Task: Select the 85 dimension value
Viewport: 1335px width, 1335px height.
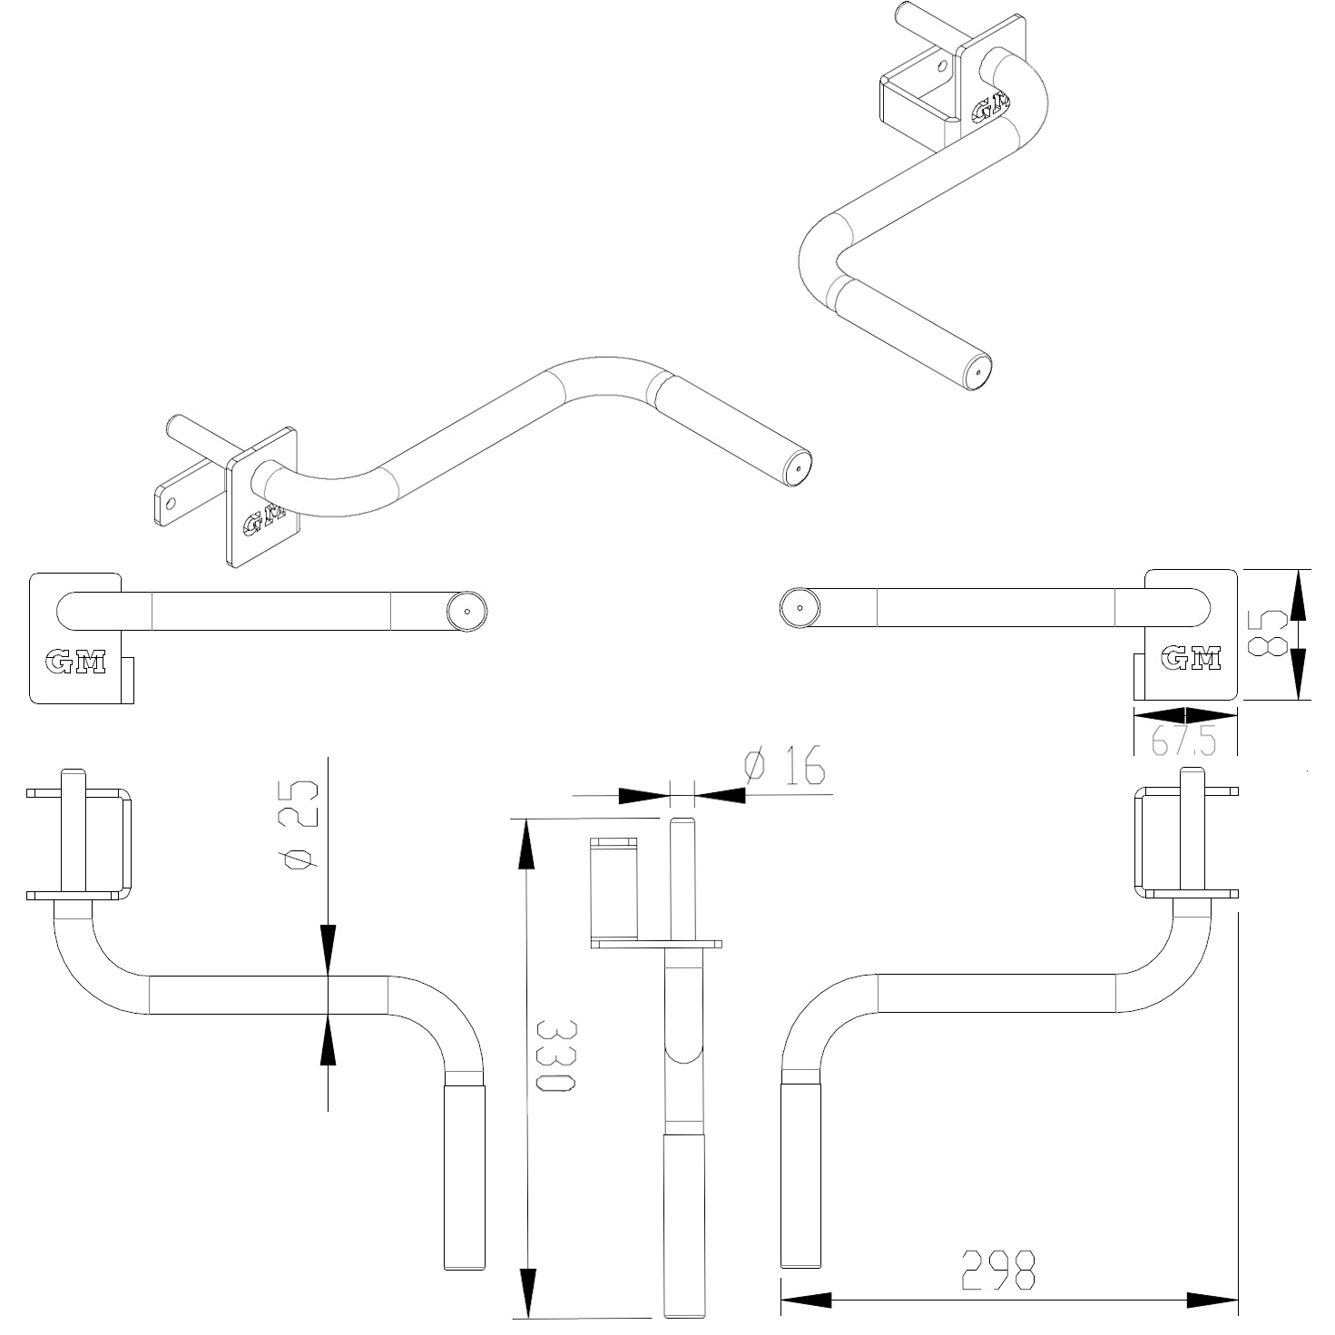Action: tap(1268, 633)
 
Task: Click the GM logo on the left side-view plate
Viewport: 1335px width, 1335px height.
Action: tap(75, 663)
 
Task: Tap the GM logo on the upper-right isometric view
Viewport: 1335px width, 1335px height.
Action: tap(991, 106)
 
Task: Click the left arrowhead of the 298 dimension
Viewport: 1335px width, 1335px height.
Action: tap(806, 1301)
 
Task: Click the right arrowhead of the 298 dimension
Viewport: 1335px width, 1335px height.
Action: tap(1213, 1301)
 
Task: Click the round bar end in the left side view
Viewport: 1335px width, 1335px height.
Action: tap(466, 612)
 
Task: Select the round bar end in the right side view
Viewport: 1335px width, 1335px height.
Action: tap(800, 607)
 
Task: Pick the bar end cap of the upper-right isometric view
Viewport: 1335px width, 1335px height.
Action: tap(977, 372)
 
